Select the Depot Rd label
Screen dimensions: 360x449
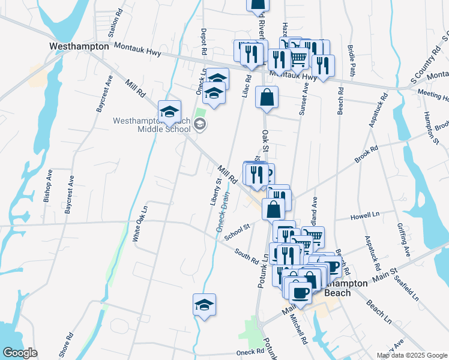pyautogui.click(x=204, y=43)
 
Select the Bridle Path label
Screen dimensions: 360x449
pyautogui.click(x=352, y=62)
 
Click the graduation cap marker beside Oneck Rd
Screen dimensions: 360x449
pyautogui.click(x=204, y=305)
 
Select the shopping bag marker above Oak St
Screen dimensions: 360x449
pyautogui.click(x=267, y=97)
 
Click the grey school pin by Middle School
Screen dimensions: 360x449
pyautogui.click(x=200, y=124)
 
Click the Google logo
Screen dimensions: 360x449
pyautogui.click(x=20, y=353)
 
